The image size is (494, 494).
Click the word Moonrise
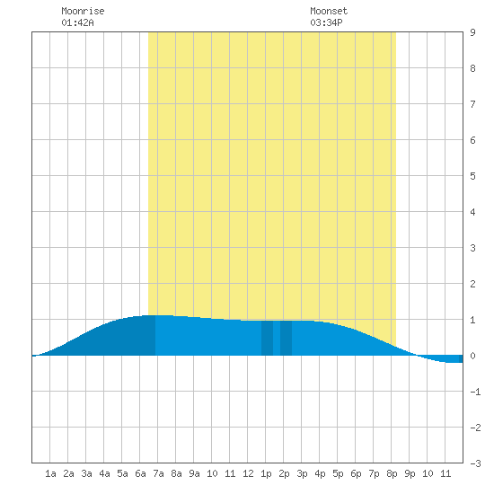(x=83, y=11)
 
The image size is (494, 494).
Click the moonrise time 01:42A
(x=77, y=22)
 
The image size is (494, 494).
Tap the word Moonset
(x=329, y=11)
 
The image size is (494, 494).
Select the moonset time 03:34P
(x=326, y=22)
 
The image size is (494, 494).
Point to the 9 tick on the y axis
(x=472, y=32)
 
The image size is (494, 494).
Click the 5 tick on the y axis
(x=472, y=176)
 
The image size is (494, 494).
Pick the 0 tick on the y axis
(x=472, y=356)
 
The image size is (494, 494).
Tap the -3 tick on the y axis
(x=475, y=463)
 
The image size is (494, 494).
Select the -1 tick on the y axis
(x=475, y=392)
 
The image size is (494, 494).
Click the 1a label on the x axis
(x=50, y=473)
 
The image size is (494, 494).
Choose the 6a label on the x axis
(x=140, y=473)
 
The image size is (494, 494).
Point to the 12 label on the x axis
(x=248, y=473)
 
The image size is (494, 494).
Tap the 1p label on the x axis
(x=266, y=473)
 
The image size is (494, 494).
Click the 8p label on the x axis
(x=392, y=473)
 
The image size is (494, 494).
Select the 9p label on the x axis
(x=410, y=473)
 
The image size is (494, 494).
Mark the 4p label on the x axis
(x=320, y=473)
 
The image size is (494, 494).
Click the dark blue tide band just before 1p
(x=267, y=338)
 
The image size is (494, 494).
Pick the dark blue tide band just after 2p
(x=286, y=338)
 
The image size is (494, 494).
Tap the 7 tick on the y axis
(x=472, y=104)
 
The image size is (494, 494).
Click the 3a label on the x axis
(x=86, y=473)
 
